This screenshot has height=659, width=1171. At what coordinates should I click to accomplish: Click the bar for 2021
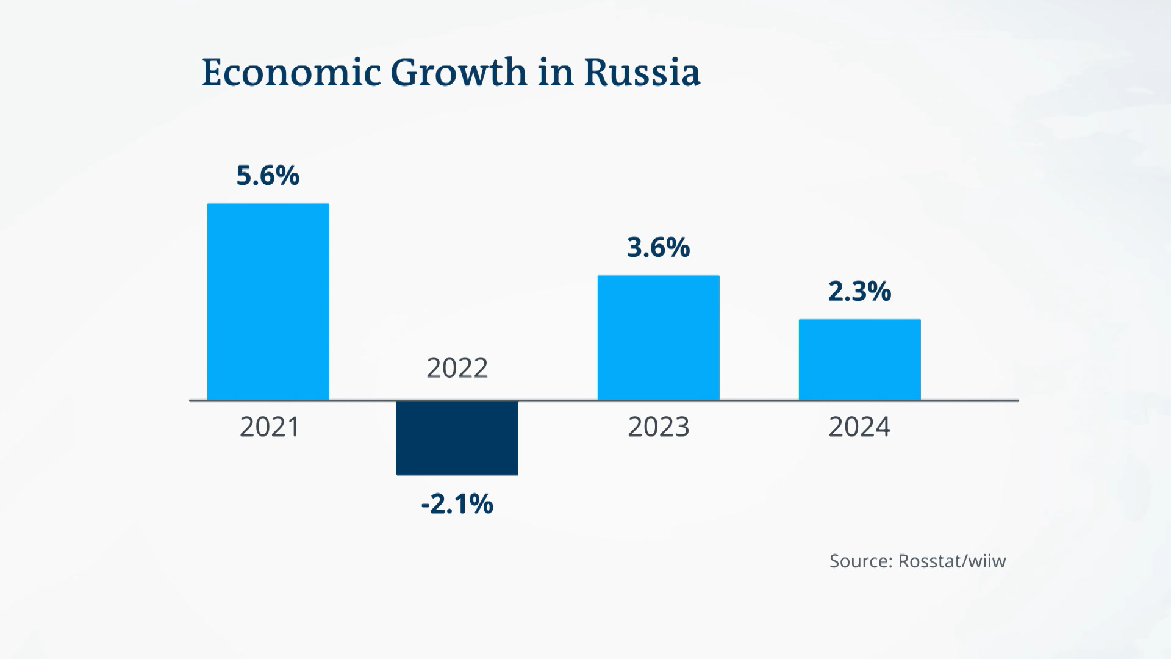click(x=268, y=302)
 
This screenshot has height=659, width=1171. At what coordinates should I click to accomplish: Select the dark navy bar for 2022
click(x=457, y=438)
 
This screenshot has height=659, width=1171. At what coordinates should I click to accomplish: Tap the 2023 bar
click(x=659, y=338)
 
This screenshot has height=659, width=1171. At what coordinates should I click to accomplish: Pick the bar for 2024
click(x=860, y=359)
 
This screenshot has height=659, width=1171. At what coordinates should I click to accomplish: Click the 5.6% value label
click(x=268, y=176)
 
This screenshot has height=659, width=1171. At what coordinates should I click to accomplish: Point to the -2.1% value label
click(x=457, y=504)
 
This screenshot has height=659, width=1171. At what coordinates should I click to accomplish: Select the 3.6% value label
click(x=659, y=248)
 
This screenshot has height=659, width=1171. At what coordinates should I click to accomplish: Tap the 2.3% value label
click(x=860, y=292)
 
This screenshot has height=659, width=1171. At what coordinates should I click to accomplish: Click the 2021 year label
click(x=270, y=427)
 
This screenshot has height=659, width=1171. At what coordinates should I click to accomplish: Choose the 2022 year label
click(x=457, y=369)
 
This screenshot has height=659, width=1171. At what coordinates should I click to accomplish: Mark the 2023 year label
click(x=659, y=427)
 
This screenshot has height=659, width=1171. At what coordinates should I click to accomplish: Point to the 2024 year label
click(x=860, y=427)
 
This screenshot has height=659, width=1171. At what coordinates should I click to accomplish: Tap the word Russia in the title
click(x=642, y=73)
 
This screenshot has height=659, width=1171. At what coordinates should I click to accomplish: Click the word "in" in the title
click(x=556, y=73)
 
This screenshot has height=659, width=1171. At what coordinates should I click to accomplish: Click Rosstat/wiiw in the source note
click(x=952, y=561)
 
